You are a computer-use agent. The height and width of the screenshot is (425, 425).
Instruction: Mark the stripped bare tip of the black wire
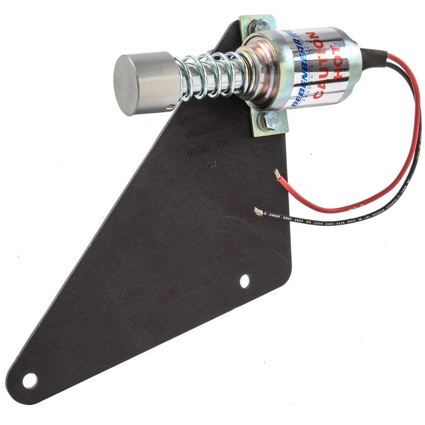tap(258, 212)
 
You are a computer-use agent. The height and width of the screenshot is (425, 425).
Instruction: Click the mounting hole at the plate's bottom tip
tap(30, 380)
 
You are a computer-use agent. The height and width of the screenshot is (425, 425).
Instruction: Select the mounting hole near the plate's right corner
tap(244, 281)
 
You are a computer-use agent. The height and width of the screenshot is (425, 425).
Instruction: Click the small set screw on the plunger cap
tap(171, 106)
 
